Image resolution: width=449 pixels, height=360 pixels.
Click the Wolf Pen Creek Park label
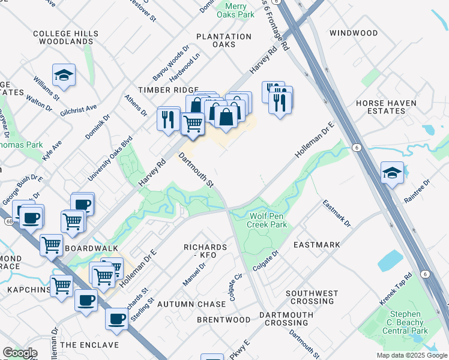pyautogui.click(x=267, y=220)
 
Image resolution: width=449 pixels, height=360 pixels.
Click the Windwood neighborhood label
pyautogui.click(x=354, y=33)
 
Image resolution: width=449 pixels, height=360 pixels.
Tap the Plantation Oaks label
pyautogui.click(x=224, y=40)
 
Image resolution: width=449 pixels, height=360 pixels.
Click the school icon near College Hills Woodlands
pyautogui.click(x=64, y=76)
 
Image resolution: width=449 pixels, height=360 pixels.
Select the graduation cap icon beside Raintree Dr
pyautogui.click(x=392, y=172)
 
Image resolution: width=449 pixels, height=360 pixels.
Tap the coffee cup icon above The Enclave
pyautogui.click(x=116, y=319)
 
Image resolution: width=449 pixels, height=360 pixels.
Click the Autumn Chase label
pyautogui.click(x=191, y=304)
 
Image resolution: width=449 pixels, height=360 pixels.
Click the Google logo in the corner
pyautogui.click(x=20, y=353)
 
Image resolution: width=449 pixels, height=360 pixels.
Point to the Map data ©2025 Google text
pyautogui.click(x=411, y=355)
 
